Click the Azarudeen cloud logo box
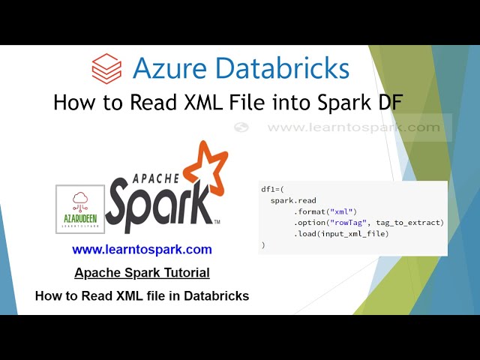(x=80, y=208)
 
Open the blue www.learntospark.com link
(x=142, y=250)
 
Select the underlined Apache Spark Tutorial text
(x=142, y=273)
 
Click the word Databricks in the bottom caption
(x=211, y=296)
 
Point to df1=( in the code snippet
(x=271, y=190)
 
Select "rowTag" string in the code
(x=352, y=223)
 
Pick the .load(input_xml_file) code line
(x=341, y=234)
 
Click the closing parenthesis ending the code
(x=263, y=244)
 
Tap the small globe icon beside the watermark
(x=241, y=127)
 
